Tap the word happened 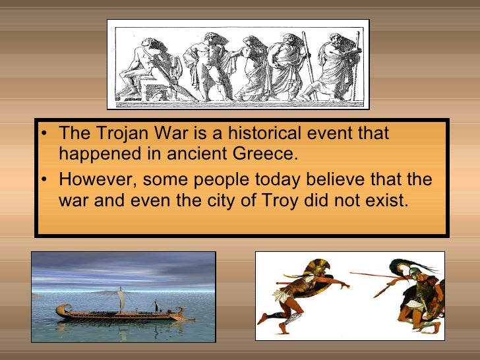[90, 154]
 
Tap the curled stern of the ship [61, 308]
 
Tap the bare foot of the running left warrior [263, 319]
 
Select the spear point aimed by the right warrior [353, 273]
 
